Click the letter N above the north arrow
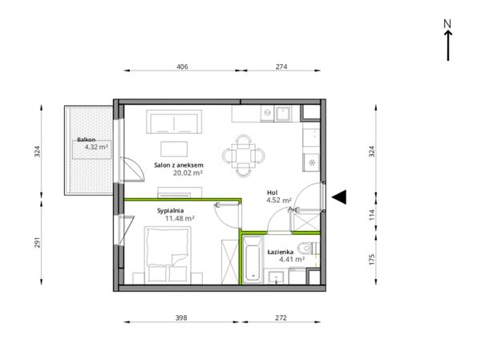click(x=447, y=24)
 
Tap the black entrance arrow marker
click(x=339, y=196)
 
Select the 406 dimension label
click(x=182, y=67)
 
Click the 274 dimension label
click(x=281, y=67)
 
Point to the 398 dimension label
click(x=181, y=318)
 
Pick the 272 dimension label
click(x=281, y=318)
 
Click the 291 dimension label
click(x=37, y=242)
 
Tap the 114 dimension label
click(x=372, y=215)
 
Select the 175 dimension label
click(x=372, y=259)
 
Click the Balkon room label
click(x=87, y=140)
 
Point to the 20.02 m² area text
click(x=188, y=173)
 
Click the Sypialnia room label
click(x=170, y=211)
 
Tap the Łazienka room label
click(x=281, y=252)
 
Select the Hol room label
click(x=272, y=192)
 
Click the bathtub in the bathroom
click(x=253, y=260)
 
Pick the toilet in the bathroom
click(x=308, y=248)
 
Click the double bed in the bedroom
click(x=168, y=255)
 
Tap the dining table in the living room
click(x=244, y=156)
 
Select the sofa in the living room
click(x=174, y=122)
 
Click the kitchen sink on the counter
click(x=283, y=114)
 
